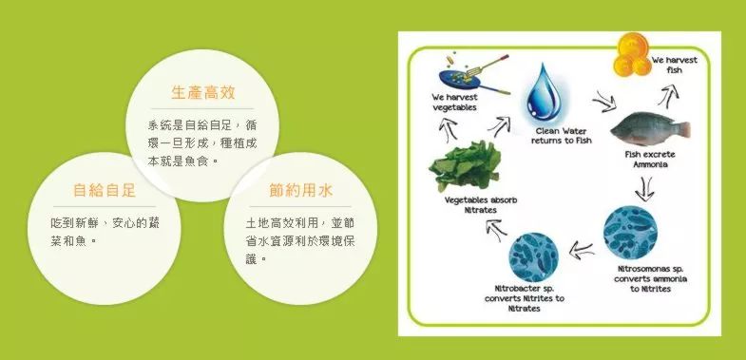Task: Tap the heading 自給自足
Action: pyautogui.click(x=105, y=191)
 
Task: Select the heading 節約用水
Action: pyautogui.click(x=301, y=191)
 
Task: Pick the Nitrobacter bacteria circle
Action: pyautogui.click(x=537, y=252)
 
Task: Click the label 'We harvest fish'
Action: pyautogui.click(x=674, y=65)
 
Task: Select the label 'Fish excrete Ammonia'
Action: pyautogui.click(x=650, y=159)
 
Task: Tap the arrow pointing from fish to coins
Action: pyautogui.click(x=669, y=93)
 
